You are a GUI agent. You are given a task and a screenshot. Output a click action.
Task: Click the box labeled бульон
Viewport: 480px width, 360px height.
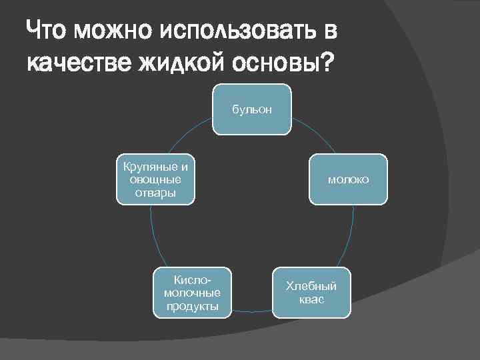[251, 109]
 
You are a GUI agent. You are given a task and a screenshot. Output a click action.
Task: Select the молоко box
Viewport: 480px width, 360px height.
[348, 179]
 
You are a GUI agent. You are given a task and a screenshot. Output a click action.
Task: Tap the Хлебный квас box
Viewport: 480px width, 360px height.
[311, 293]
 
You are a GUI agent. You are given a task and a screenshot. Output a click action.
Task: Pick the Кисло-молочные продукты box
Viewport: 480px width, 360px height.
[192, 293]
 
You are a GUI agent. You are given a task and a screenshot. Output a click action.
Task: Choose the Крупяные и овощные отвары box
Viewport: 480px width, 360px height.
[155, 179]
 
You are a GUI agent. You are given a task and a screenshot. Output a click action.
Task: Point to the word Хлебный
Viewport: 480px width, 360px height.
[311, 287]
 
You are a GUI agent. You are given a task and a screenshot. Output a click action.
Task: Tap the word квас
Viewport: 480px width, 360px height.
[311, 299]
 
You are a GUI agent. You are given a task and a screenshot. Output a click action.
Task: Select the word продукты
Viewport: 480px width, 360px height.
[192, 306]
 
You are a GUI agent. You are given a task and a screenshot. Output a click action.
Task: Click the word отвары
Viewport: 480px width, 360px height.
[155, 193]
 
